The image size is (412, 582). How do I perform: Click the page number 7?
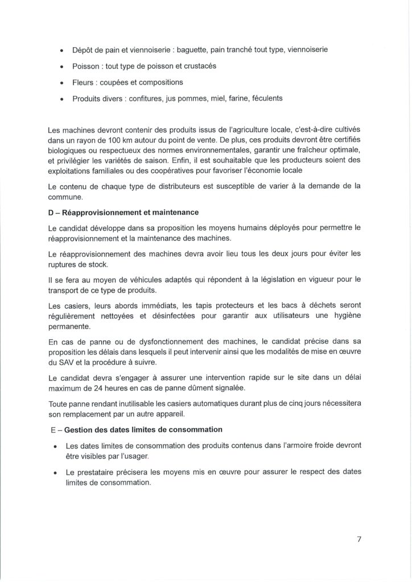(360, 541)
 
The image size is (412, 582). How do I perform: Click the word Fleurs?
(84, 82)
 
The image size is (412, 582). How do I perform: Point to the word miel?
(203, 98)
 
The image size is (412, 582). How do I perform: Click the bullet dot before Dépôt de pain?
(61, 51)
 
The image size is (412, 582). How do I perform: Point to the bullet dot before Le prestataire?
(54, 473)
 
